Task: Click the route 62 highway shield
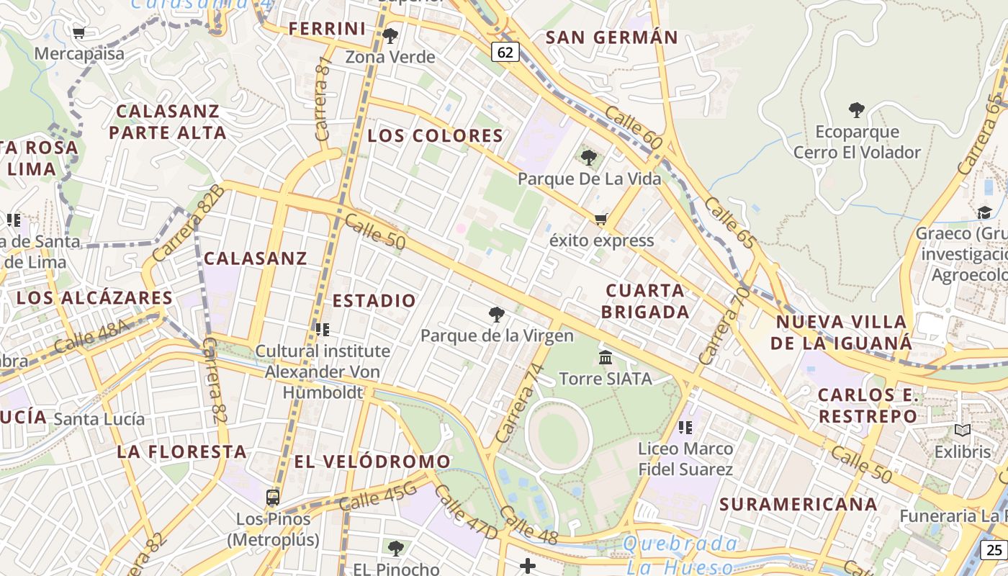click(505, 52)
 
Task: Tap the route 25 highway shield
click(994, 551)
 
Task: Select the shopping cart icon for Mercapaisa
click(79, 32)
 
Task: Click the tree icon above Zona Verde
click(390, 35)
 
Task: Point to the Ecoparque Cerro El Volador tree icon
click(856, 110)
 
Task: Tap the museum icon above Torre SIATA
click(606, 357)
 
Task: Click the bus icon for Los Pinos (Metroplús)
click(273, 497)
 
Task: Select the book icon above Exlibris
click(962, 431)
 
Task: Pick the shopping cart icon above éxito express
click(600, 219)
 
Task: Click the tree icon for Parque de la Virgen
click(496, 314)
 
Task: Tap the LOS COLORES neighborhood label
click(435, 136)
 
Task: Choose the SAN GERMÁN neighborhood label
click(611, 37)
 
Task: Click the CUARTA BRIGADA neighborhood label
click(645, 301)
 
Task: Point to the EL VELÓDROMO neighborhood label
click(372, 462)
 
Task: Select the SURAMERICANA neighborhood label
click(798, 504)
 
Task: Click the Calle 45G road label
click(378, 497)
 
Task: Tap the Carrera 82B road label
click(188, 223)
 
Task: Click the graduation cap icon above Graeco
click(984, 212)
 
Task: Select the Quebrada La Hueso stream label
click(680, 555)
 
